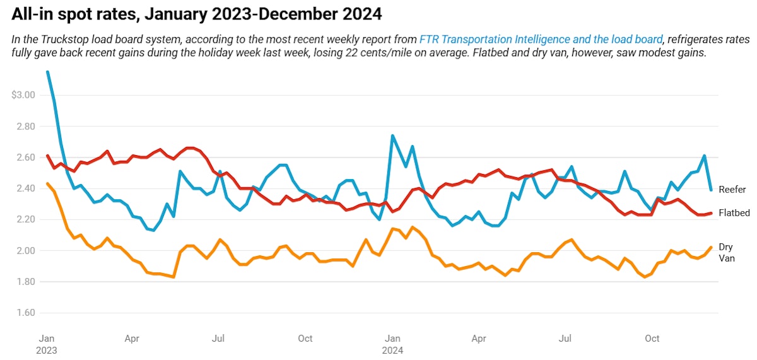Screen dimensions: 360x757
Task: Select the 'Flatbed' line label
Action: click(734, 213)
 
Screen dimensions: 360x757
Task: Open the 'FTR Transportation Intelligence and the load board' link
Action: click(541, 40)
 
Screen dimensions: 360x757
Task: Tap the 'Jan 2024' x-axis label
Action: click(393, 344)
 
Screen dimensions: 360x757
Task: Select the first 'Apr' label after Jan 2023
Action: click(132, 339)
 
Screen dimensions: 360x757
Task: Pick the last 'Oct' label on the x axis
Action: click(652, 339)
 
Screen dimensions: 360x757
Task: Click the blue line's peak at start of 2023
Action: click(48, 72)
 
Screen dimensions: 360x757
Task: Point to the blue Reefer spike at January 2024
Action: click(392, 136)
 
